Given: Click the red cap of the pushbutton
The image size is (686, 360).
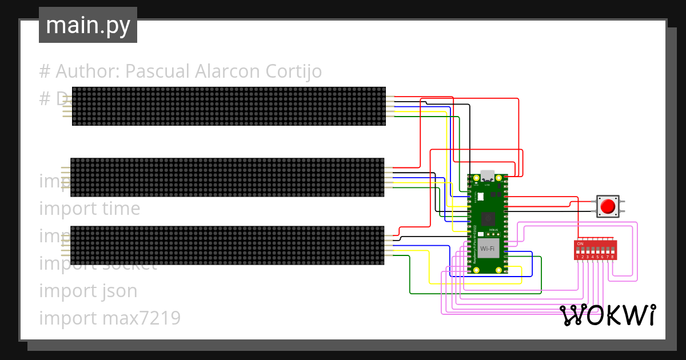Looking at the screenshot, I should pos(608,206).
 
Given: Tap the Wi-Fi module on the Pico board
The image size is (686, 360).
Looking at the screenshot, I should pos(488,249).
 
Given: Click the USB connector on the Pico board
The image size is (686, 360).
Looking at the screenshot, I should pos(488,175).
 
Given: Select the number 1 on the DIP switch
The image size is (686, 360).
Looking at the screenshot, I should pos(578,257).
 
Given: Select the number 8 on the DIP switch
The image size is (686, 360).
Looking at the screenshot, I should pos(613,257).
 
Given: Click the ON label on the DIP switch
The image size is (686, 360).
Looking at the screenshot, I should pos(580,244).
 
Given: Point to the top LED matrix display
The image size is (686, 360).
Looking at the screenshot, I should pos(229,106).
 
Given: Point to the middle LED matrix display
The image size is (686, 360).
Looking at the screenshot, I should pos(227,177).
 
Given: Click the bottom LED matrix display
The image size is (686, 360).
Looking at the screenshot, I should pos(227,245).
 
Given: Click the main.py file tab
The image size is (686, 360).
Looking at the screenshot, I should pos(88,25).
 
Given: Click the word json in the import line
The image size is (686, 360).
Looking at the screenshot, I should pos(120,291).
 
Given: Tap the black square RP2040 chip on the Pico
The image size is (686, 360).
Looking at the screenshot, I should pos(488,218).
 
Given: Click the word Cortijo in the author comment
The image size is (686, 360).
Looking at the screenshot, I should pos(293,71).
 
